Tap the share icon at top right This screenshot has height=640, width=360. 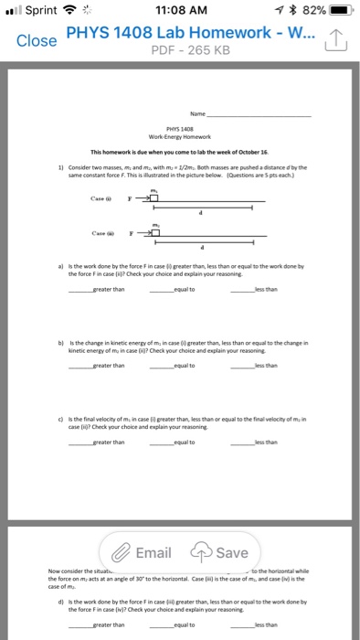(334, 40)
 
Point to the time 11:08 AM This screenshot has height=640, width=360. (181, 11)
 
